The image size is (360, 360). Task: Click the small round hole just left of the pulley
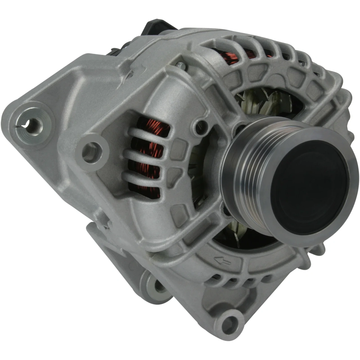click(x=200, y=124)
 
